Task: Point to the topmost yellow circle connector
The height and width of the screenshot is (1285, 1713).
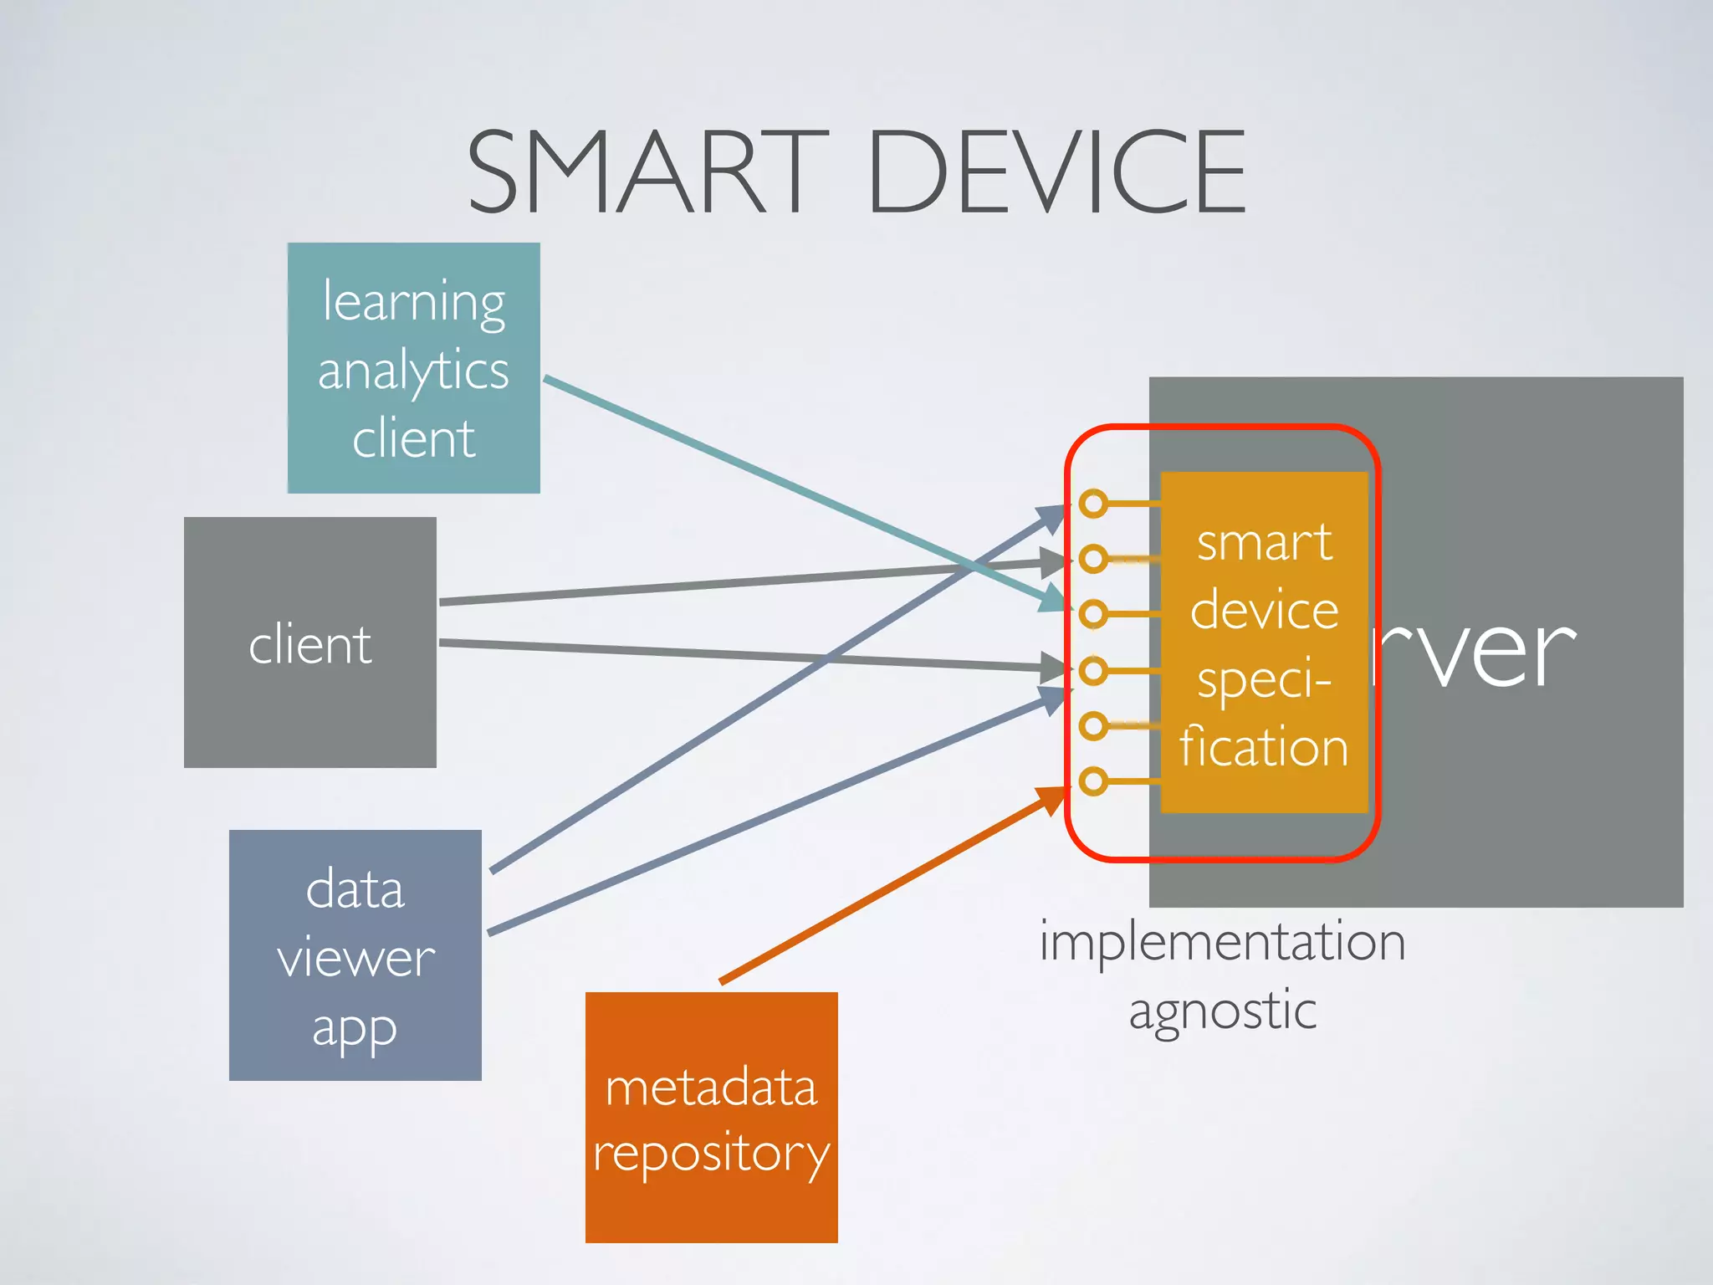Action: [1092, 504]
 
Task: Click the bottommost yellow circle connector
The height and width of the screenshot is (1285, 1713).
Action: [1092, 781]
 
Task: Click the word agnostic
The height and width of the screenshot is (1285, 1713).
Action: [1222, 1011]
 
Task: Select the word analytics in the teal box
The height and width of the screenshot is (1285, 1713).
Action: [413, 371]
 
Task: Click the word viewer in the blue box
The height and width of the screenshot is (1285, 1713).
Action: [355, 958]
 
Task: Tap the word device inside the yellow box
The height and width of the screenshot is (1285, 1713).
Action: [1264, 610]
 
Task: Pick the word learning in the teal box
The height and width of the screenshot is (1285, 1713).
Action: [414, 303]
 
